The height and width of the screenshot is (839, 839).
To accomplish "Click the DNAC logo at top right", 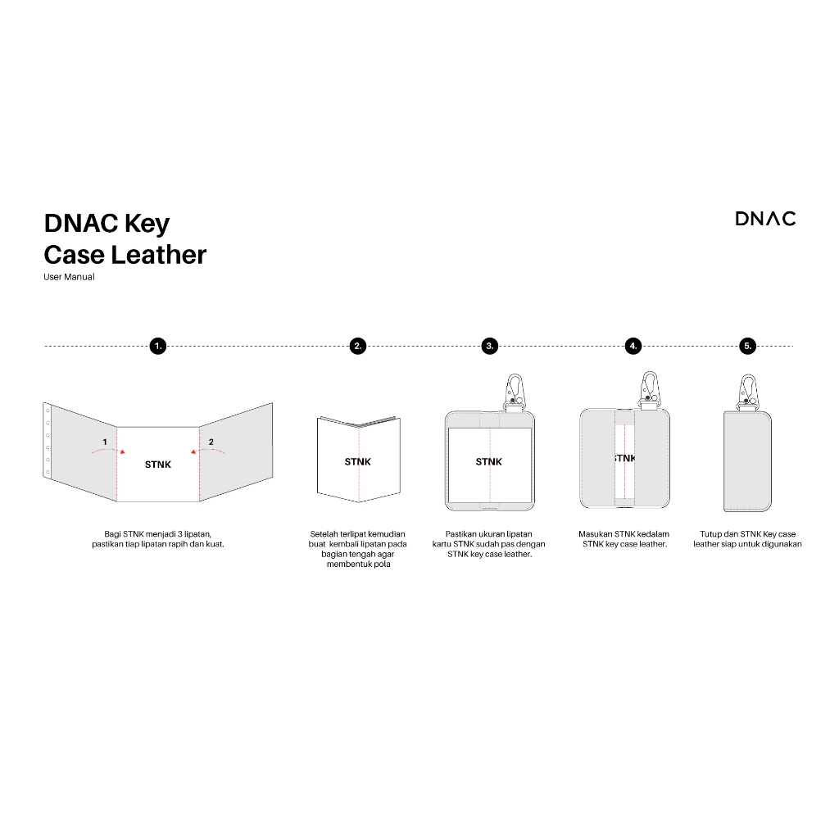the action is coord(764,218).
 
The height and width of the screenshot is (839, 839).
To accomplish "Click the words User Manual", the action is coord(69,277).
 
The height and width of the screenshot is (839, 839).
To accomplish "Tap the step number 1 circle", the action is coord(158,346).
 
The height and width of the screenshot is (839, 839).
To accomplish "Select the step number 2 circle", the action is coord(357,346).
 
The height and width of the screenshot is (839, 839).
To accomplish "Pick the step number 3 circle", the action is coord(490,346).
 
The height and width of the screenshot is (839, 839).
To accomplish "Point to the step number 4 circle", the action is coord(633,346).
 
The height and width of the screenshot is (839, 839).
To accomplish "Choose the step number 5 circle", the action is coord(747,346).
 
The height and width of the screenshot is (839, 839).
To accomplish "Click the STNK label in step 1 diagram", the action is coord(158,465).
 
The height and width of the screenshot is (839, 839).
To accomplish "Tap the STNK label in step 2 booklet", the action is coord(357,462).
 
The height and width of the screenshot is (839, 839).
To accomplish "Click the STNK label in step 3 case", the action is coord(489,462).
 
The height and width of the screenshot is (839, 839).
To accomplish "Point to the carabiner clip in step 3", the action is coord(515,390).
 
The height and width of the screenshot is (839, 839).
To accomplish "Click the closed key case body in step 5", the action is coord(748,459).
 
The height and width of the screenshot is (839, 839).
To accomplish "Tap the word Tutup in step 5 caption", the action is coord(710,534).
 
